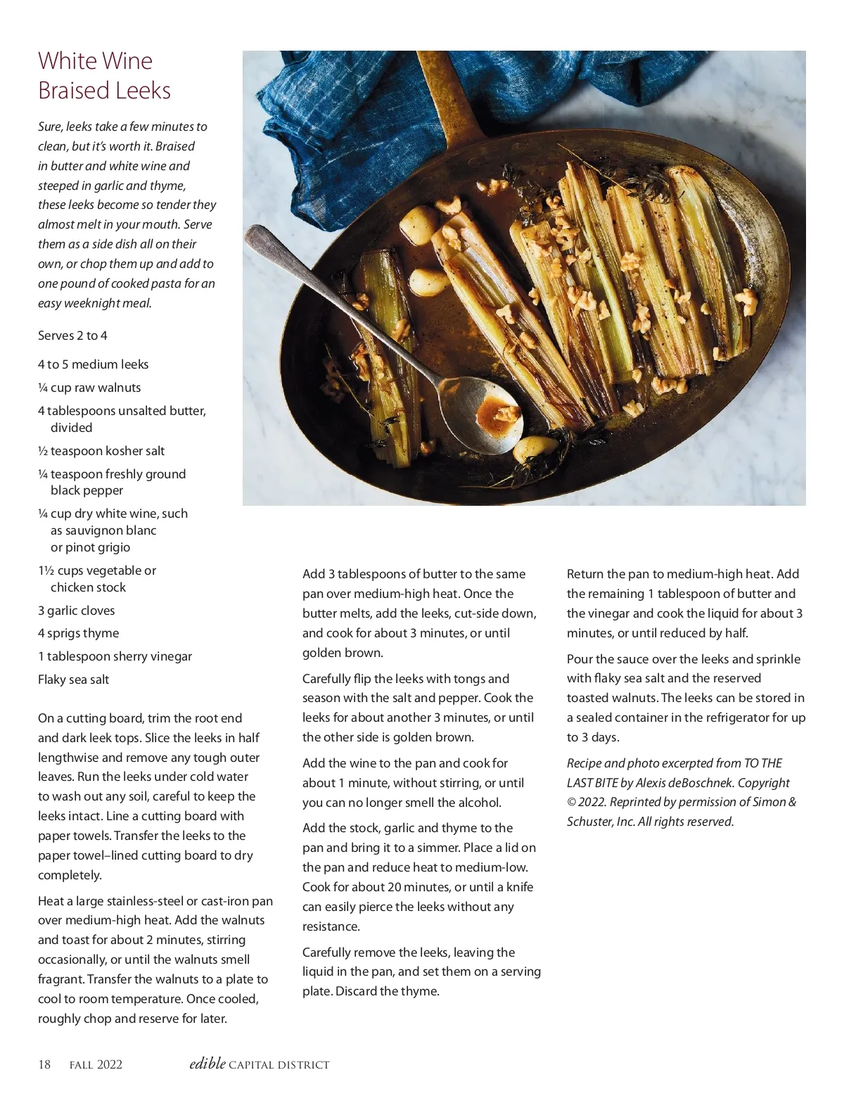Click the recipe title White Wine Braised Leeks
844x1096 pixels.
[x=104, y=75]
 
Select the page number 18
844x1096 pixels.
[x=44, y=1064]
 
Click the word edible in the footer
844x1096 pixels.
[x=207, y=1064]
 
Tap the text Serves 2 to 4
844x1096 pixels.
[x=72, y=336]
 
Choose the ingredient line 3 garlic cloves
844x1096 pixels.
[x=76, y=611]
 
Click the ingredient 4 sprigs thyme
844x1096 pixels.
[x=78, y=633]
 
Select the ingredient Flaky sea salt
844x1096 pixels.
[x=73, y=680]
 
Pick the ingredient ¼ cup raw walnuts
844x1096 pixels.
[x=89, y=388]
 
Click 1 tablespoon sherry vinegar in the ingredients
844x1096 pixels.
[x=115, y=656]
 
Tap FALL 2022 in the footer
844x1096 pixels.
[x=96, y=1065]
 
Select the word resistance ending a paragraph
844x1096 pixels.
[x=331, y=926]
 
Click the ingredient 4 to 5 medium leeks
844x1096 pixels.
[x=93, y=364]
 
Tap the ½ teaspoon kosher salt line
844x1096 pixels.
[x=101, y=451]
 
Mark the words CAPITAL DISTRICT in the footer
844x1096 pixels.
[x=279, y=1065]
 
